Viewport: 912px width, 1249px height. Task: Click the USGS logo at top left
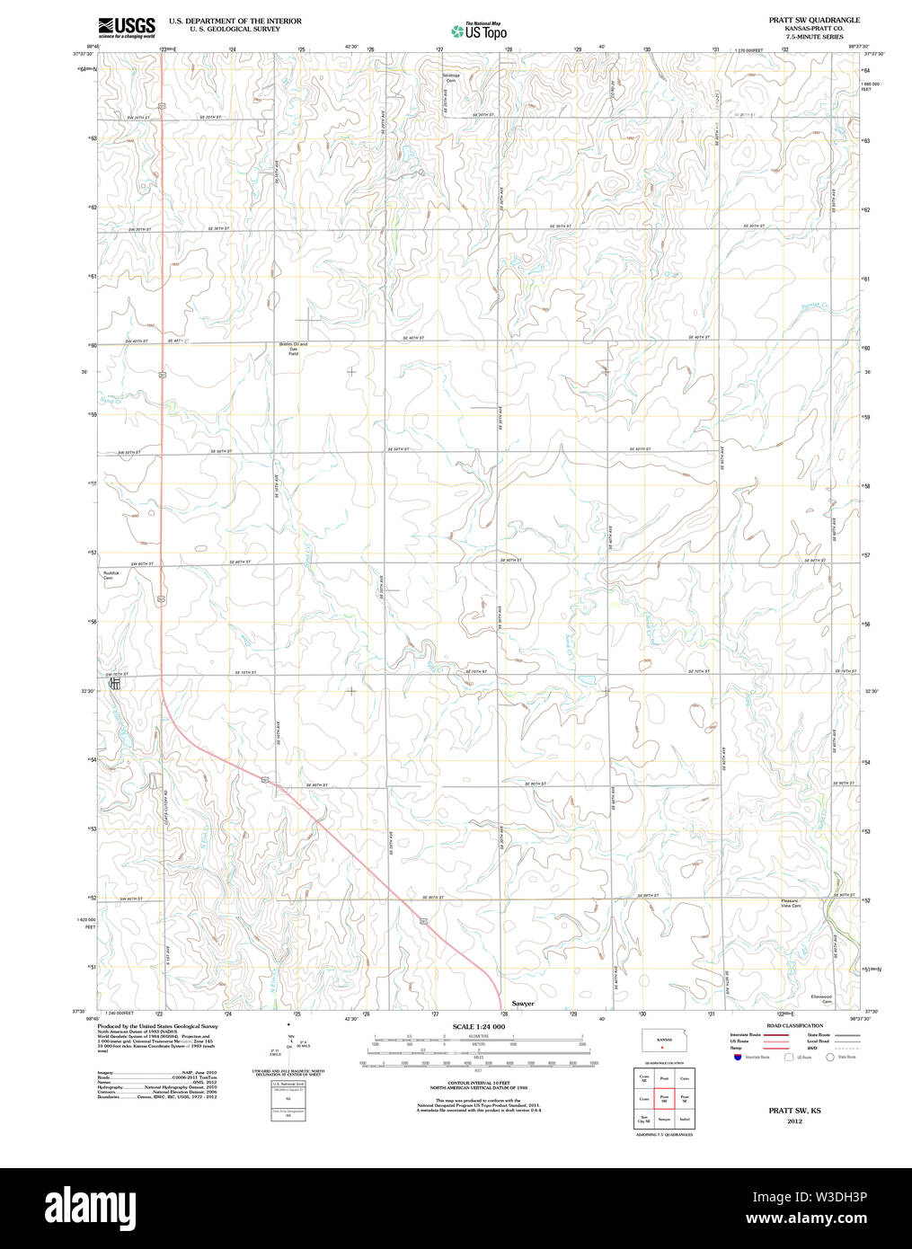point(127,27)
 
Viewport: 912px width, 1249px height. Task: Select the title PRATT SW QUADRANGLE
point(813,20)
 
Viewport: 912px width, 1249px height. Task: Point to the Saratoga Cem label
point(450,77)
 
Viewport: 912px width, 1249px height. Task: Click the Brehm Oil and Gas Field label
point(292,349)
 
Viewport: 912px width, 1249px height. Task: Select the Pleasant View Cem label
point(791,903)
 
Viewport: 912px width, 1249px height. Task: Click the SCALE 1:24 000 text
point(478,1026)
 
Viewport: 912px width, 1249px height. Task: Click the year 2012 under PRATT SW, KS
point(794,1121)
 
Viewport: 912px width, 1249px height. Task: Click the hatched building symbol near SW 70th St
point(114,685)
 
